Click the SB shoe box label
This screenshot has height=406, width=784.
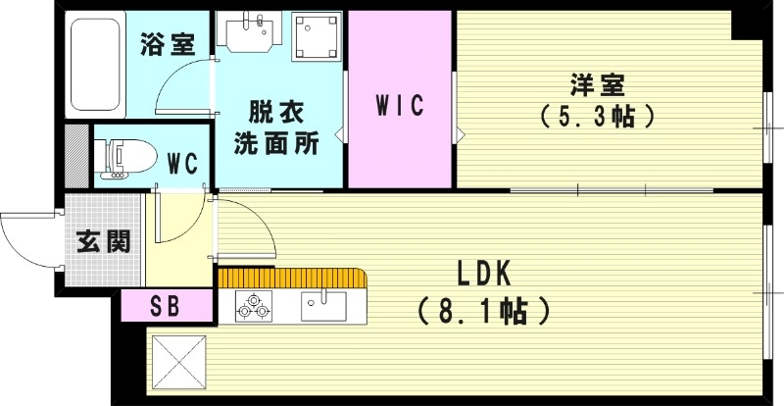click(x=166, y=304)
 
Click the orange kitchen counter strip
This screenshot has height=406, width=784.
click(x=294, y=279)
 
